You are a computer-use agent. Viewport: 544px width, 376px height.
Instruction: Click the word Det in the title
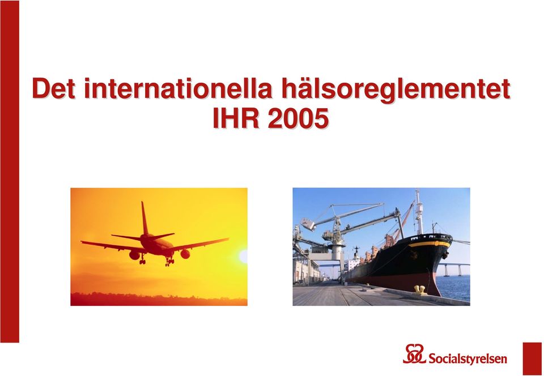[53, 89]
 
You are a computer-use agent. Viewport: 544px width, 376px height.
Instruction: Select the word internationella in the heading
[177, 89]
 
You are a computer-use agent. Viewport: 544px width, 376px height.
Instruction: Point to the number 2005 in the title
[299, 118]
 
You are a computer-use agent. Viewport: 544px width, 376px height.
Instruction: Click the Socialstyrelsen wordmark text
[467, 358]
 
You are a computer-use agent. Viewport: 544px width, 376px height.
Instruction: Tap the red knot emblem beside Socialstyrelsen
[414, 354]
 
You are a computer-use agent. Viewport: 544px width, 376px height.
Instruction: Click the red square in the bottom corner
[532, 359]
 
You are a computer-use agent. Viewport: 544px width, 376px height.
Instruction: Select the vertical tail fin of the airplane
[144, 219]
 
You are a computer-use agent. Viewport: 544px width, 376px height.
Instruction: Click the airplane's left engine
[134, 255]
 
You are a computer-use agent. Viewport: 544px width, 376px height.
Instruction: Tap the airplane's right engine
[185, 254]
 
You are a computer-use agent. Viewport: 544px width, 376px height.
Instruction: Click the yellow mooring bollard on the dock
[420, 290]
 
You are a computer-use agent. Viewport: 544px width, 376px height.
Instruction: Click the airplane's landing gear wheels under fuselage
[169, 261]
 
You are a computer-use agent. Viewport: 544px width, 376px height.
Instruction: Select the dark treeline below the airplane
[159, 299]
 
